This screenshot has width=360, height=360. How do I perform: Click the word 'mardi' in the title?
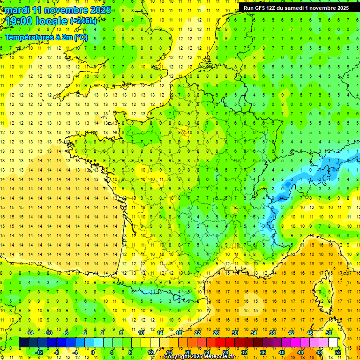point(16,9)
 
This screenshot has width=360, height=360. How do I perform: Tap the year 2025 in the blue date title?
point(100,9)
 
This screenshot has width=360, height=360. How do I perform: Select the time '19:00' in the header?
point(21,21)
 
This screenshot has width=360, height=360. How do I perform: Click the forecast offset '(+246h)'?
point(83,21)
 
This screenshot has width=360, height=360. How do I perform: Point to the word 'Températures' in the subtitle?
point(28,37)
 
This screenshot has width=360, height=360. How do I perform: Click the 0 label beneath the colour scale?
point(93,352)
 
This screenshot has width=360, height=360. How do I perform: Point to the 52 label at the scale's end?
point(338,352)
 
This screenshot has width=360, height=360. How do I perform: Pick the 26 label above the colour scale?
point(216,332)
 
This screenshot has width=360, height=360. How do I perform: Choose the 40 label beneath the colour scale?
point(281,352)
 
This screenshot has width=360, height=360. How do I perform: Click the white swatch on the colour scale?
point(333,343)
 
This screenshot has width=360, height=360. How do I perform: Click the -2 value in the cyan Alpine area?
point(319,179)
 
